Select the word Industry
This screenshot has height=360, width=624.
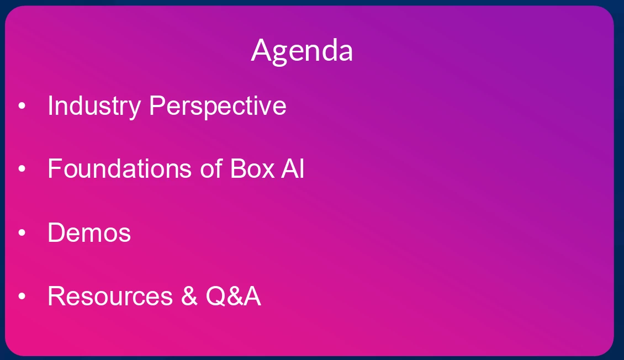[x=94, y=107]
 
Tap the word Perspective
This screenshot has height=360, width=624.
[x=218, y=107]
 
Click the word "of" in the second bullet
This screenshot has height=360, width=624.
[x=211, y=168]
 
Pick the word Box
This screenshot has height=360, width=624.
[x=252, y=168]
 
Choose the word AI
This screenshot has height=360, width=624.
[x=293, y=168]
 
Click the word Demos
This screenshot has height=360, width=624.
[x=89, y=232]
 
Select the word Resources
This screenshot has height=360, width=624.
[x=110, y=297]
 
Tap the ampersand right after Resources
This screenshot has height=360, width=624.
[x=189, y=297]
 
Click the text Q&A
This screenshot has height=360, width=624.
[x=233, y=297]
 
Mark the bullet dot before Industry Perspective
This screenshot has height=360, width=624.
[x=22, y=106]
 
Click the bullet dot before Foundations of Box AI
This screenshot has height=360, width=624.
[x=22, y=169]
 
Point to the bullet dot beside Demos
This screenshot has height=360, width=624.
[x=22, y=232]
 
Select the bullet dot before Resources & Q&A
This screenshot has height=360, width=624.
[x=22, y=297]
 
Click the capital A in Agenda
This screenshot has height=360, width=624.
[x=261, y=50]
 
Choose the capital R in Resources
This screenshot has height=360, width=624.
[x=57, y=297]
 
